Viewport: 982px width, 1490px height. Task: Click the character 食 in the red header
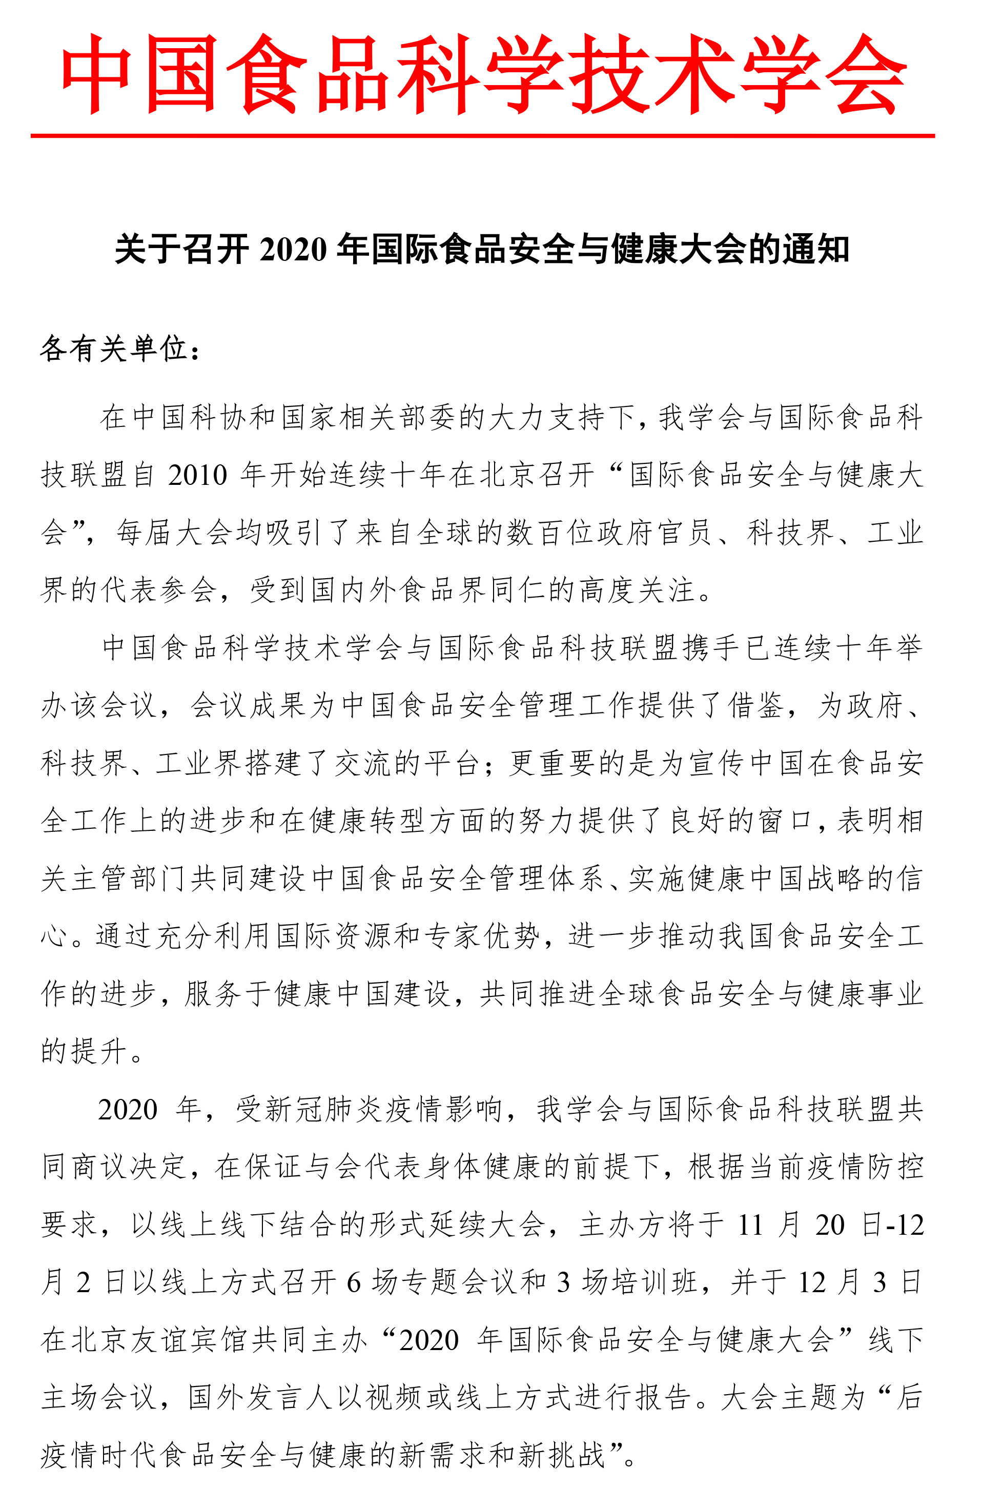266,74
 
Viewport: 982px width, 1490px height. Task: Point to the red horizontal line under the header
482,135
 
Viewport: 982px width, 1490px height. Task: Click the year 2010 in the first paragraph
197,475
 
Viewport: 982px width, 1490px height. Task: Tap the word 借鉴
755,705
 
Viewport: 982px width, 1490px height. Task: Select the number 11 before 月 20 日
750,1224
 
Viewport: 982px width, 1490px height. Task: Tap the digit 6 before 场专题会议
354,1282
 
